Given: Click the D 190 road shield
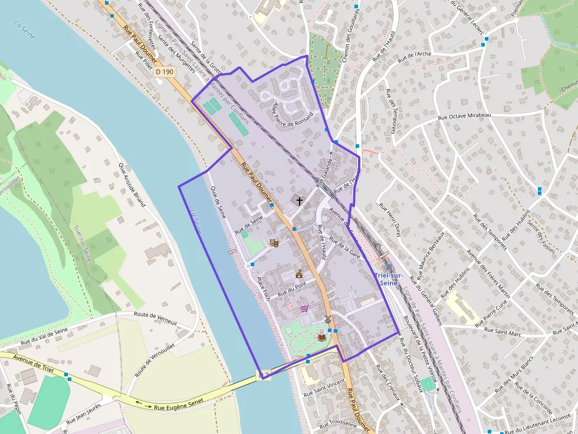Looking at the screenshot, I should coord(165,72).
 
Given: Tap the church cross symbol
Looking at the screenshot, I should coord(299,201).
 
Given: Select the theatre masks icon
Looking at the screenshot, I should coord(274,243).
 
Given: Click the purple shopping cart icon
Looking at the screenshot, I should coord(304,308).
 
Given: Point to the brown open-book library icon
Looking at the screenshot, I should coord(321,337).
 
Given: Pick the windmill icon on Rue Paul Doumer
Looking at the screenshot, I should coord(327,319).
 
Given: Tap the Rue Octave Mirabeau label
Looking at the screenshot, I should coord(465,116).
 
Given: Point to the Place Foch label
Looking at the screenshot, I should coord(263,289).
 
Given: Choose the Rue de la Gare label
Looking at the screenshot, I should coord(345,247).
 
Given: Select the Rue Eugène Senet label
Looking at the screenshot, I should coord(175,407).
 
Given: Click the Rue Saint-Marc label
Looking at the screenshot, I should coord(502,334).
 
